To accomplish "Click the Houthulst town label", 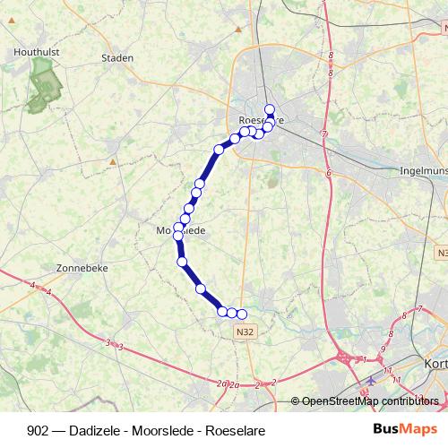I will [x=37, y=53].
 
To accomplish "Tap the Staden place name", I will [x=117, y=58].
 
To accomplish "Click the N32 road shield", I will [x=236, y=332].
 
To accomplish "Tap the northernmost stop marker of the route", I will [x=270, y=109].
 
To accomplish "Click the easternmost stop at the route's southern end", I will [x=241, y=314].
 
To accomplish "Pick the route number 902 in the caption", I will [x=39, y=429].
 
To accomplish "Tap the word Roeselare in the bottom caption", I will [x=237, y=429].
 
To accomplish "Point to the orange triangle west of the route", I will [x=113, y=162].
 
